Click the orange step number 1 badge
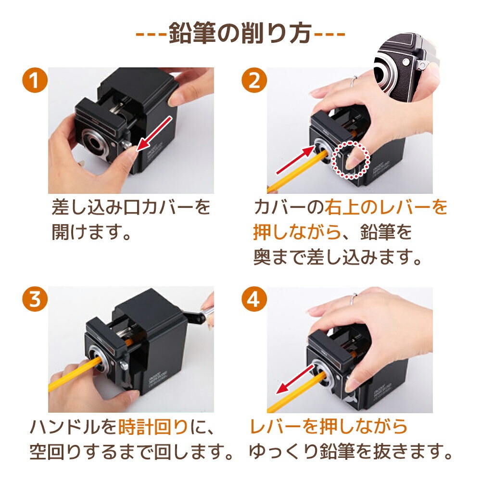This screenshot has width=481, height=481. point(35,80)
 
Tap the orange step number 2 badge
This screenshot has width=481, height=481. point(254,80)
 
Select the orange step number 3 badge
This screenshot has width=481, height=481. point(35,299)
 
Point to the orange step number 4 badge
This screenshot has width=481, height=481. point(254,299)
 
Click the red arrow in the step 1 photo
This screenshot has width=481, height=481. point(153,134)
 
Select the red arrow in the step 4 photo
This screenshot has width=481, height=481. point(295,379)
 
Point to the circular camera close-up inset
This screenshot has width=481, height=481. point(407,66)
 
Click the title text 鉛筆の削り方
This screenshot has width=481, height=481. point(240,33)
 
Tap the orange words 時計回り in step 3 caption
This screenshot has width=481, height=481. point(153,427)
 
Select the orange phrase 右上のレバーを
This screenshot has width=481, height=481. point(386,207)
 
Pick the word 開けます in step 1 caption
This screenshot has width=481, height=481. point(87,232)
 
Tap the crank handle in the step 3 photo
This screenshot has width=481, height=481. point(200,316)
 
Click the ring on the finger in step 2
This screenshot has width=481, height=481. point(354,81)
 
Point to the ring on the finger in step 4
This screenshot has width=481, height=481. point(354,299)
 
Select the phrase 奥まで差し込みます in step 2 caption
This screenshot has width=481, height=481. point(338,257)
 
